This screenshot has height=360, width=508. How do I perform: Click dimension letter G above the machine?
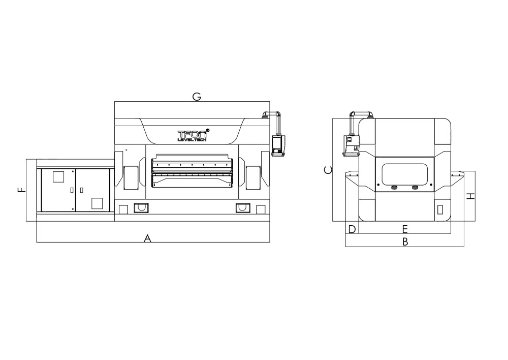(x=197, y=97)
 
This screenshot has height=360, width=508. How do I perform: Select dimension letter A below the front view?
(x=147, y=238)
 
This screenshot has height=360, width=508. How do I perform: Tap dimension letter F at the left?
(x=21, y=189)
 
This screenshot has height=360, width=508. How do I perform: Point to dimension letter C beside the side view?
(x=328, y=170)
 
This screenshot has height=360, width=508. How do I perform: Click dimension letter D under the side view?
(x=352, y=229)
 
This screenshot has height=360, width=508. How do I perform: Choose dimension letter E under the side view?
(x=405, y=229)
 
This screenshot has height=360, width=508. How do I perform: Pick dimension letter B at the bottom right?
(x=405, y=242)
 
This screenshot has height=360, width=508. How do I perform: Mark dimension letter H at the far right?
(x=470, y=196)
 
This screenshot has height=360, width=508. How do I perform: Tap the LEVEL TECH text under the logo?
(x=192, y=140)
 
